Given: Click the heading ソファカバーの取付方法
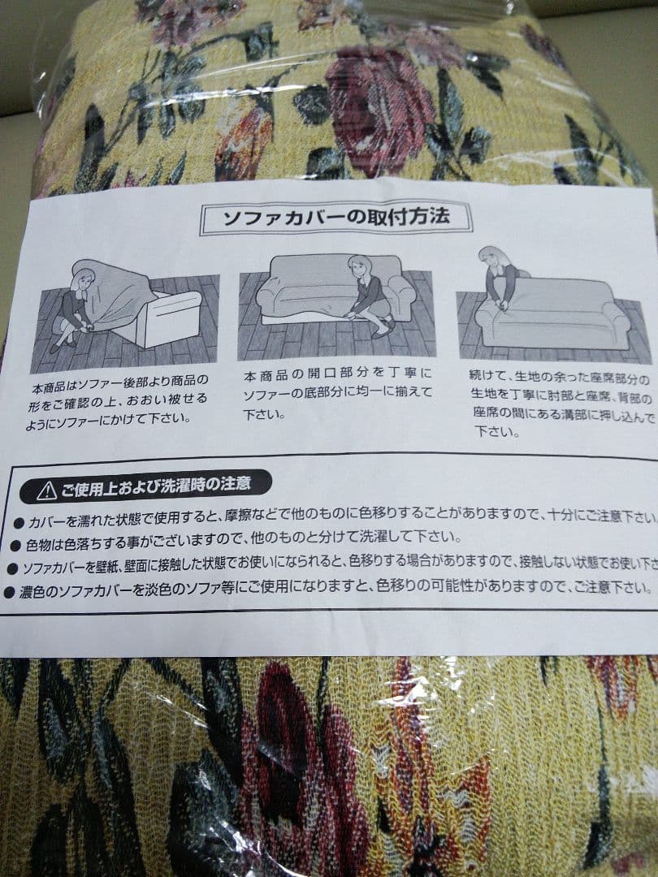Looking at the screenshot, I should coord(335,218).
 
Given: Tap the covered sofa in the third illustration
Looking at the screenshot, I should coord(552,313).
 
